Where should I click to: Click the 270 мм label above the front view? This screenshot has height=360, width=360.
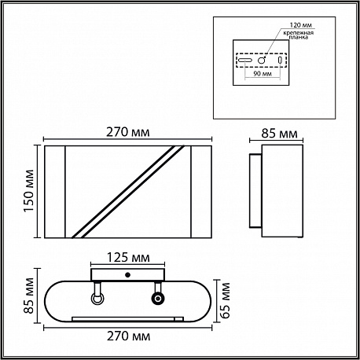pyautogui.click(x=128, y=132)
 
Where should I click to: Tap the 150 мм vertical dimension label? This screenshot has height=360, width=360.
pyautogui.click(x=28, y=191)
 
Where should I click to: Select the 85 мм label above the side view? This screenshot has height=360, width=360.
pyautogui.click(x=279, y=134)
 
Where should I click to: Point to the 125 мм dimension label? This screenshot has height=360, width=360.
pyautogui.click(x=128, y=258)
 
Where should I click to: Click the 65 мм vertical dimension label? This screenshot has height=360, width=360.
pyautogui.click(x=225, y=300)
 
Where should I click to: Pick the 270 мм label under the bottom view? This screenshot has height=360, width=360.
pyautogui.click(x=128, y=336)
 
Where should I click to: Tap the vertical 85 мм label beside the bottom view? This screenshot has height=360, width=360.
pyautogui.click(x=28, y=296)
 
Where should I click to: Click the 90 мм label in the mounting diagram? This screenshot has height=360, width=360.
pyautogui.click(x=263, y=74)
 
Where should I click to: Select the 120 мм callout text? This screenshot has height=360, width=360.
pyautogui.click(x=301, y=25)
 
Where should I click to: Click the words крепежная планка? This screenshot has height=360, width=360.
pyautogui.click(x=299, y=35)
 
